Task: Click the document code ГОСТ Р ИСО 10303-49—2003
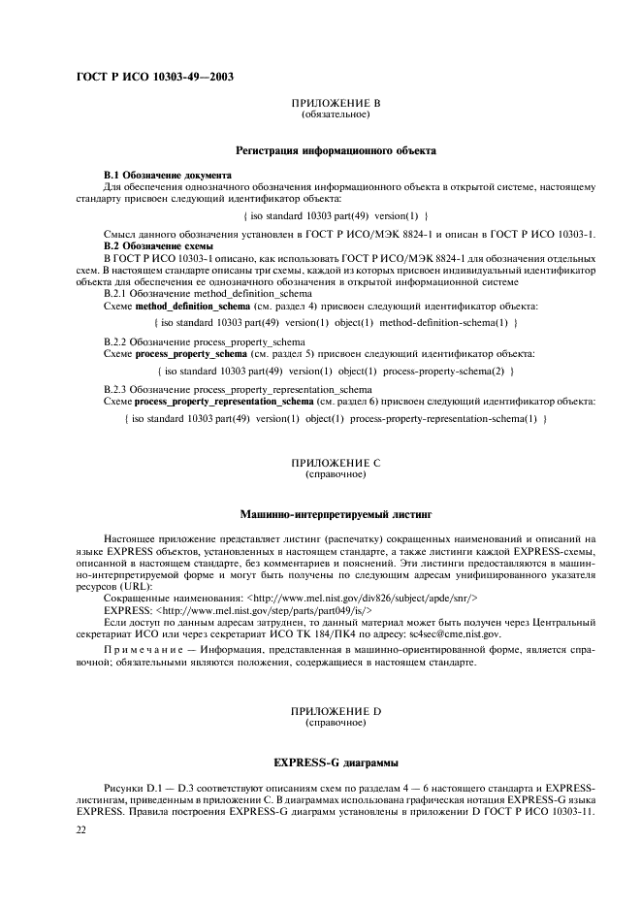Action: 154,77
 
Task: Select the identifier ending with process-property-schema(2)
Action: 336,371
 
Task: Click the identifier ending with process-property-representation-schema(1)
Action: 336,418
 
